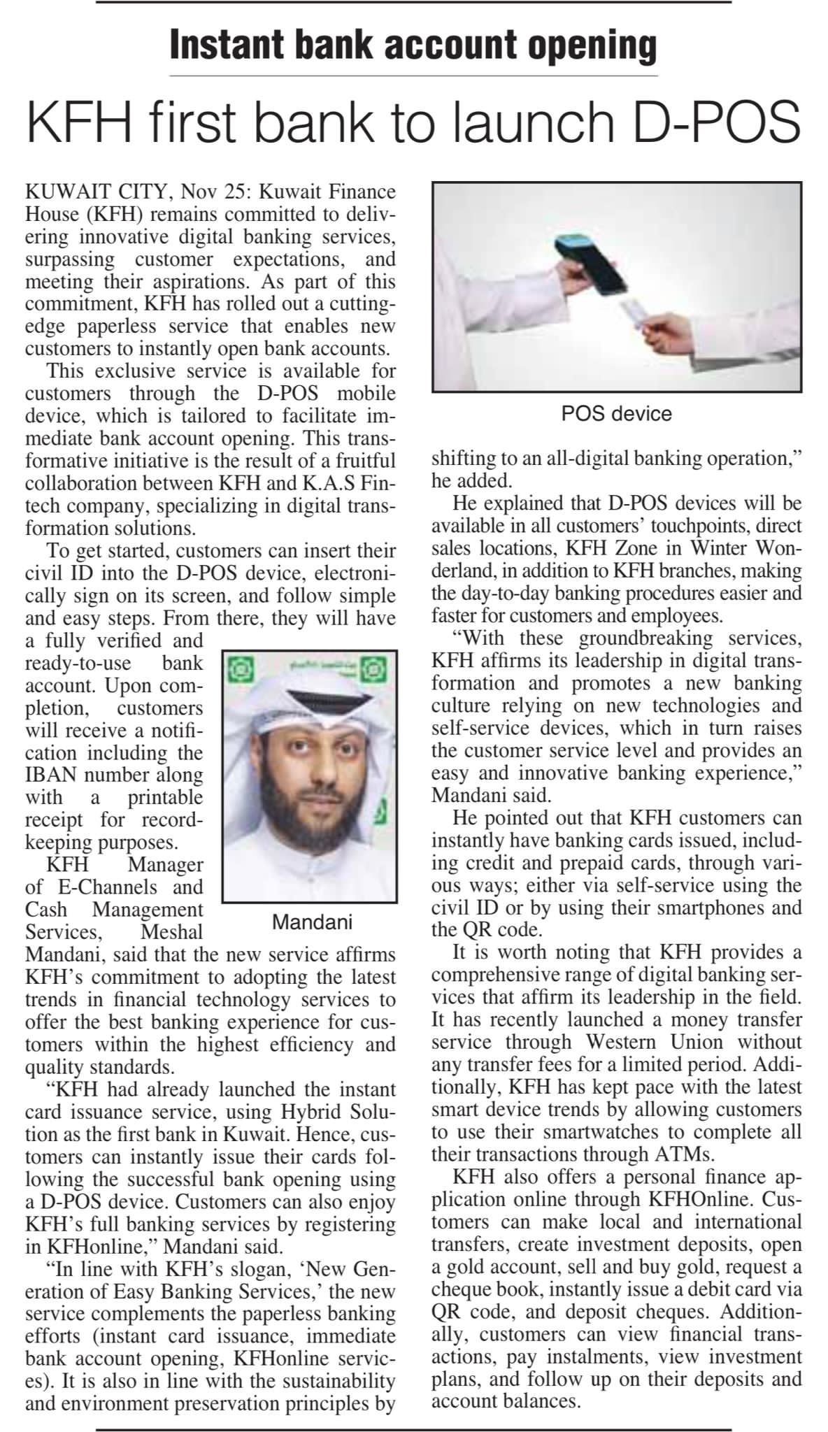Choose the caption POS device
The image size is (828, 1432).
[x=616, y=414]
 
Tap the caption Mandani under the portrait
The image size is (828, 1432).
[x=312, y=922]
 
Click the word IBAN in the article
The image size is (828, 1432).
[x=53, y=775]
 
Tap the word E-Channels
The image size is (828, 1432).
[x=101, y=887]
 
